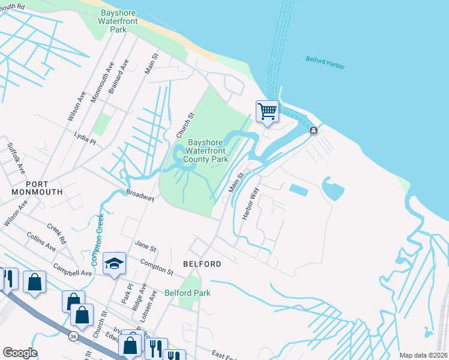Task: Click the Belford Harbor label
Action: click(x=325, y=62)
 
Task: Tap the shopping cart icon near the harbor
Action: click(x=267, y=111)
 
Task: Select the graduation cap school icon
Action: click(x=113, y=263)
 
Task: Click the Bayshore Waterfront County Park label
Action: click(x=206, y=151)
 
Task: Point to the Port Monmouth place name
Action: click(x=36, y=187)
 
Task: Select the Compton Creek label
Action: click(x=97, y=240)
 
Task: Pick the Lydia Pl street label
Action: click(x=85, y=138)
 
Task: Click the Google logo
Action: click(x=20, y=353)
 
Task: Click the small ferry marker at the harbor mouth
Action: click(x=313, y=131)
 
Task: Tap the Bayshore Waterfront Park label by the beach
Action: click(x=119, y=21)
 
